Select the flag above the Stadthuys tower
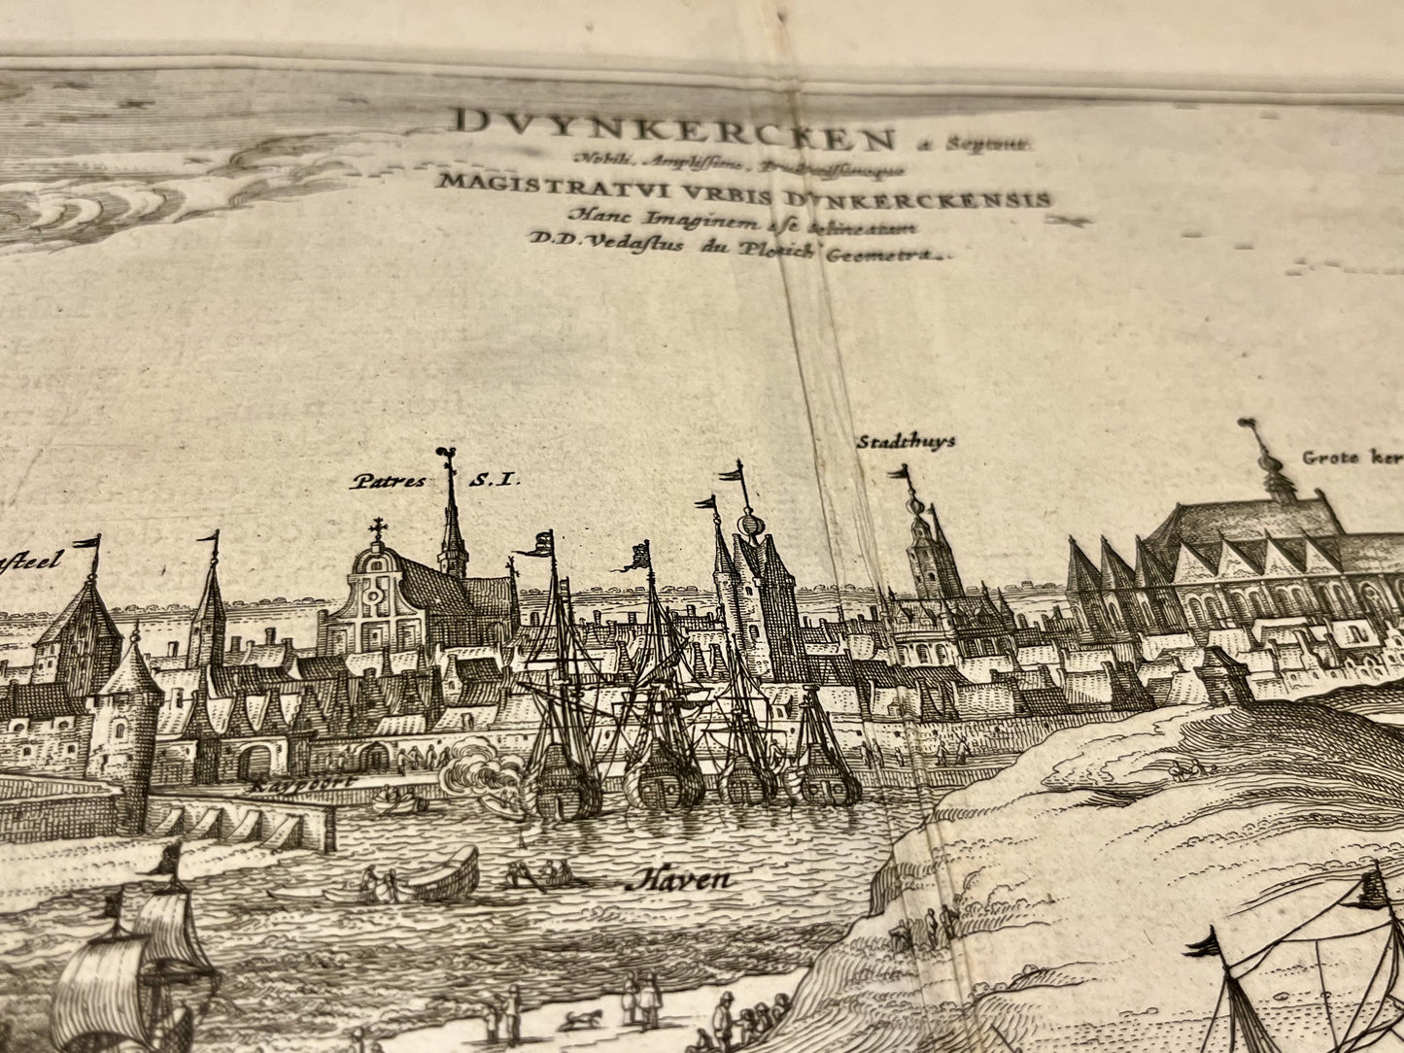pyautogui.click(x=903, y=473)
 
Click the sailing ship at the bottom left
pyautogui.click(x=136, y=962)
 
